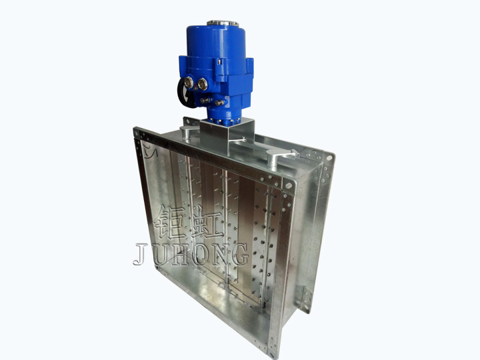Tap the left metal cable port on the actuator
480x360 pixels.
tap(189, 82)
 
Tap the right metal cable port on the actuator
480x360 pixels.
tap(203, 84)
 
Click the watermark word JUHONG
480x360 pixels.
tap(191, 254)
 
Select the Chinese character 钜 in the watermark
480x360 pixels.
tap(169, 223)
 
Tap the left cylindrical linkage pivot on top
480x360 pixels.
tap(185, 134)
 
